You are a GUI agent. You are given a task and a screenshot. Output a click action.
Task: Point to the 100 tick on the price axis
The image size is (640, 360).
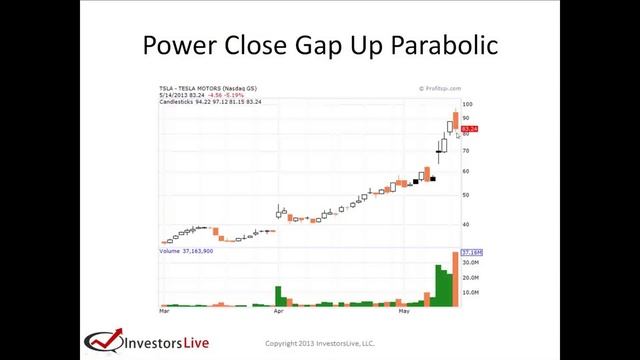[467, 104]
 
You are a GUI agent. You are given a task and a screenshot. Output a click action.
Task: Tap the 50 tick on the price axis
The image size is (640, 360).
[466, 195]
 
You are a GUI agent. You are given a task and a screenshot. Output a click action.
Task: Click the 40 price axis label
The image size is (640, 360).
[466, 225]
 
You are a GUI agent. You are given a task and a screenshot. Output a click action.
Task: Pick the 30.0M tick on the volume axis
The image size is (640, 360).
[468, 263]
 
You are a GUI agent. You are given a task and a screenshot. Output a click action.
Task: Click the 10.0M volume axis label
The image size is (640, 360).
[468, 292]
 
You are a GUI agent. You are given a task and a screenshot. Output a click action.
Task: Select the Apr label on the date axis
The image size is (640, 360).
[279, 312]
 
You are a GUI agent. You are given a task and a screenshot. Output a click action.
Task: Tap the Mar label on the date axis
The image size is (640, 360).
[165, 312]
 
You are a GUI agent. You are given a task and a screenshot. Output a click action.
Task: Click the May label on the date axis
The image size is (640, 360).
[404, 312]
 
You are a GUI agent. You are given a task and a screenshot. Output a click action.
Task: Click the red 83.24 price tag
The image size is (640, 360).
[470, 129]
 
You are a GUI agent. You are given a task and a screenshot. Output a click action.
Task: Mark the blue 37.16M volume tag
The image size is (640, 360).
[471, 252]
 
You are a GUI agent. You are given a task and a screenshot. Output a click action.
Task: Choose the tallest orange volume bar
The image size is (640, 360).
[455, 279]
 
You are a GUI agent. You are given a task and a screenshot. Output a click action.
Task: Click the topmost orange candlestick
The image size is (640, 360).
[455, 122]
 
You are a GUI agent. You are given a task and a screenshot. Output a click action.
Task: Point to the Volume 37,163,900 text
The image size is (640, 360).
[186, 251]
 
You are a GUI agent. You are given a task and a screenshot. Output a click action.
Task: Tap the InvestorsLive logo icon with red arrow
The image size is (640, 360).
[102, 341]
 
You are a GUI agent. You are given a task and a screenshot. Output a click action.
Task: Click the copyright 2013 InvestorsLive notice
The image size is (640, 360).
[319, 343]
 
